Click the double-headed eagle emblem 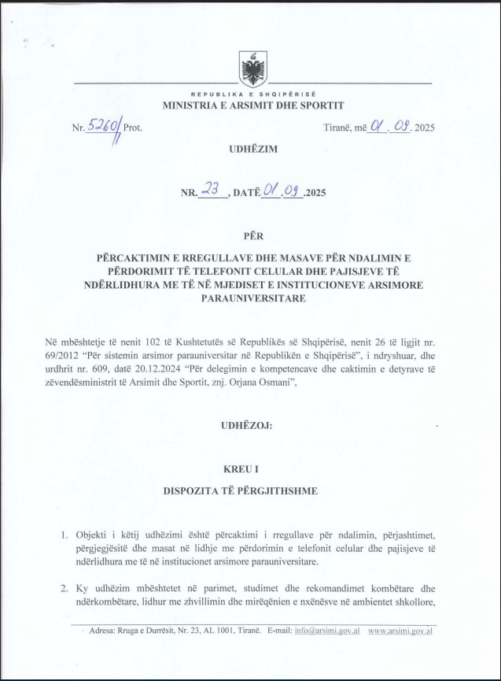tap(252, 70)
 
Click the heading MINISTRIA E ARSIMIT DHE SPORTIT tap(252, 105)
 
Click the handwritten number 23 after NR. tap(209, 190)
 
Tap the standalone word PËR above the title tap(252, 232)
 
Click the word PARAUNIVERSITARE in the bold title tap(252, 298)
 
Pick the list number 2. tap(66, 588)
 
